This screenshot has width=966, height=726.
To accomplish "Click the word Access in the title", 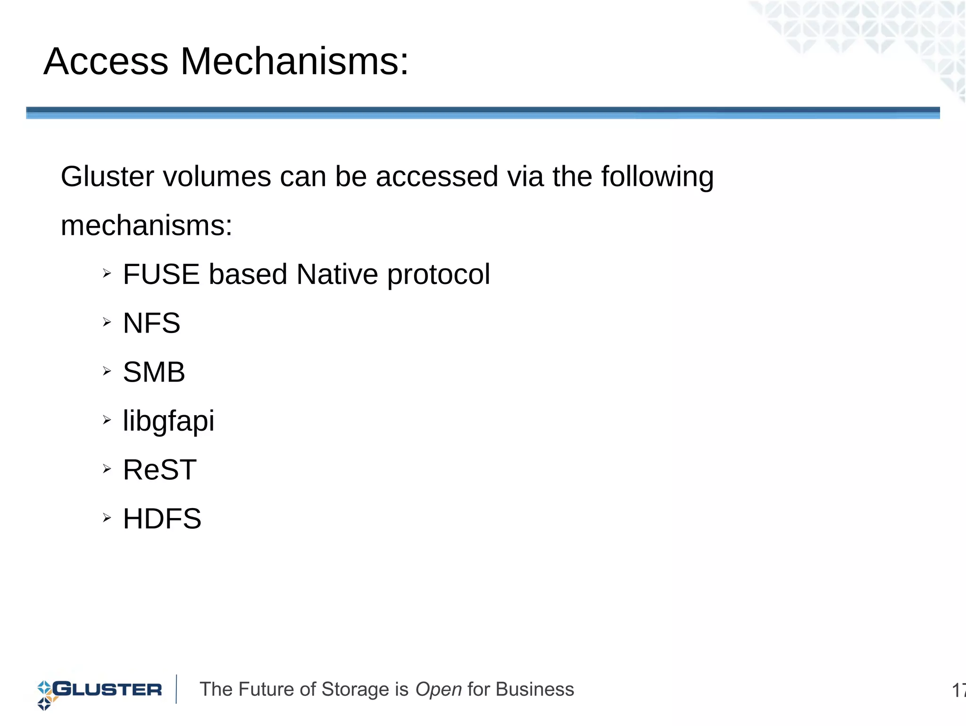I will (106, 61).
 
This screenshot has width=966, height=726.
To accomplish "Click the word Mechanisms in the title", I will (294, 61).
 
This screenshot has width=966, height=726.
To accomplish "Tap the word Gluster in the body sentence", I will (108, 176).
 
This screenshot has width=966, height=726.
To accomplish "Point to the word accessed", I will (437, 176).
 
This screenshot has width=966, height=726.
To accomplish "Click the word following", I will (657, 177).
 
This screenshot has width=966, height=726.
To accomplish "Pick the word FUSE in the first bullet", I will (161, 274).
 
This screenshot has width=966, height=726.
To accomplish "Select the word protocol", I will (439, 275).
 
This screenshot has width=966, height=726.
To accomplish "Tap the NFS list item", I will (151, 323).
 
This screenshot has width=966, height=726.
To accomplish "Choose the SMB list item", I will (154, 372).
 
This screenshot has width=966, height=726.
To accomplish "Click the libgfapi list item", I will (168, 421).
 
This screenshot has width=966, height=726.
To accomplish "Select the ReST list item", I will (159, 470).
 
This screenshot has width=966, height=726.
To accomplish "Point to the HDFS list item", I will (162, 518).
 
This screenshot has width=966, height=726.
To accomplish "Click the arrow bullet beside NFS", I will (107, 322).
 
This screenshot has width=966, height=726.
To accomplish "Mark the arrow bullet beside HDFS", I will (107, 517).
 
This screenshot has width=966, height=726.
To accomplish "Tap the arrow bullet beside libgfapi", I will (107, 419).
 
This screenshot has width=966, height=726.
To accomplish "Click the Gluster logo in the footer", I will (100, 691).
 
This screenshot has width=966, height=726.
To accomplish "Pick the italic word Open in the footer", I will (438, 690).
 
